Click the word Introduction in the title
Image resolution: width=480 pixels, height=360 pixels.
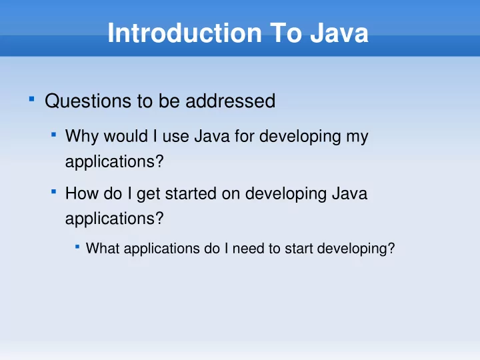click(x=185, y=33)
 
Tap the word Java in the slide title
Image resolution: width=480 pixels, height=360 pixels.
click(x=339, y=33)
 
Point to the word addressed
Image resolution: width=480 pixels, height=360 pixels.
click(x=231, y=101)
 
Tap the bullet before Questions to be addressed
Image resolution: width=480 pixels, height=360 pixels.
click(x=31, y=99)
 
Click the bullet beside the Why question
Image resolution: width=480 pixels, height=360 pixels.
click(x=53, y=134)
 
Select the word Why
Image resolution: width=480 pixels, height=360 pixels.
click(x=82, y=136)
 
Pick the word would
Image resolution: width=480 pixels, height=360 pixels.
click(x=126, y=135)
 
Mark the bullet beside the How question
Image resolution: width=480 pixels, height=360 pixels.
click(x=53, y=191)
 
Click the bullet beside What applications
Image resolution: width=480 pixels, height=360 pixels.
click(x=77, y=246)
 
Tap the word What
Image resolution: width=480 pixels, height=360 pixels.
click(x=103, y=248)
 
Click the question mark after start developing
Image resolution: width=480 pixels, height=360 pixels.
click(x=391, y=248)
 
